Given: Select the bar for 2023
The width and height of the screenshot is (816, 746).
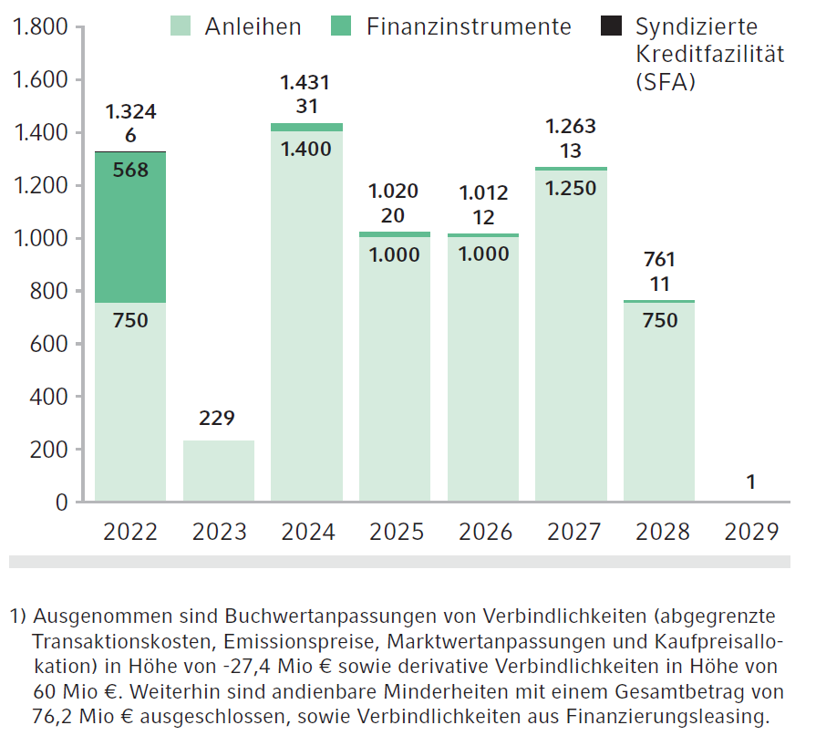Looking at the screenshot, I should (x=219, y=471).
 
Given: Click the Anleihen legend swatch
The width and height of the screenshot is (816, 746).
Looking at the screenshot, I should (x=181, y=26).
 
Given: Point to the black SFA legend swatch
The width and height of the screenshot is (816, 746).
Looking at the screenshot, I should (x=610, y=26).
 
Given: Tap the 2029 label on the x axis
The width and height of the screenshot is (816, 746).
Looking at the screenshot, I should (x=751, y=532).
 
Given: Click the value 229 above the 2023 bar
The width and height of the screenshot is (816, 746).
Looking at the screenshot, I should (x=217, y=419).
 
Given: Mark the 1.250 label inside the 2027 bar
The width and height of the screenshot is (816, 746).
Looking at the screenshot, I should (x=572, y=188).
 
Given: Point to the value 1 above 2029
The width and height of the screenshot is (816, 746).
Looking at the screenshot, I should (x=750, y=482).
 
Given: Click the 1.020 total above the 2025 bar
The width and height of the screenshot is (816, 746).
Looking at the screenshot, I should (x=394, y=192).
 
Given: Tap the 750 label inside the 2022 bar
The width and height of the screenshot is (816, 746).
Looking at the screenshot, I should (x=130, y=320).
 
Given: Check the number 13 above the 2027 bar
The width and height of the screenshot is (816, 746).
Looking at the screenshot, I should (x=571, y=151).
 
